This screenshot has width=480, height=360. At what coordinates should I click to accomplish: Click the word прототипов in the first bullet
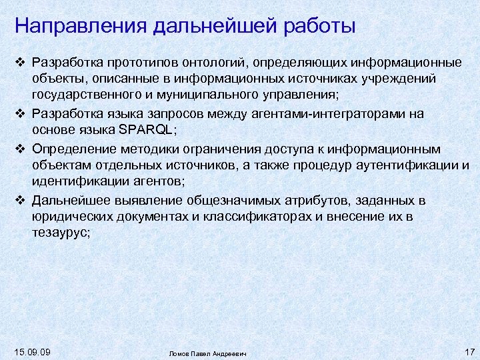[142, 63]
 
